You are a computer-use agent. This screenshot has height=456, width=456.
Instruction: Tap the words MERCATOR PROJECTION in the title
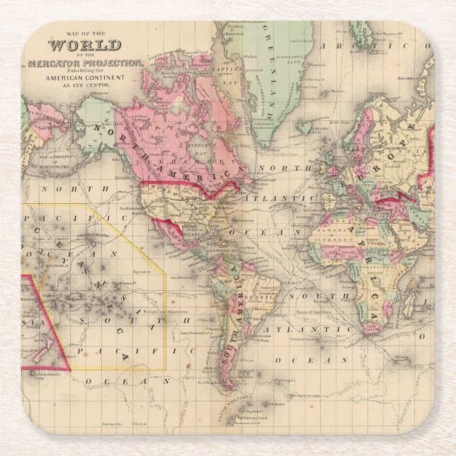tap(86, 64)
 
